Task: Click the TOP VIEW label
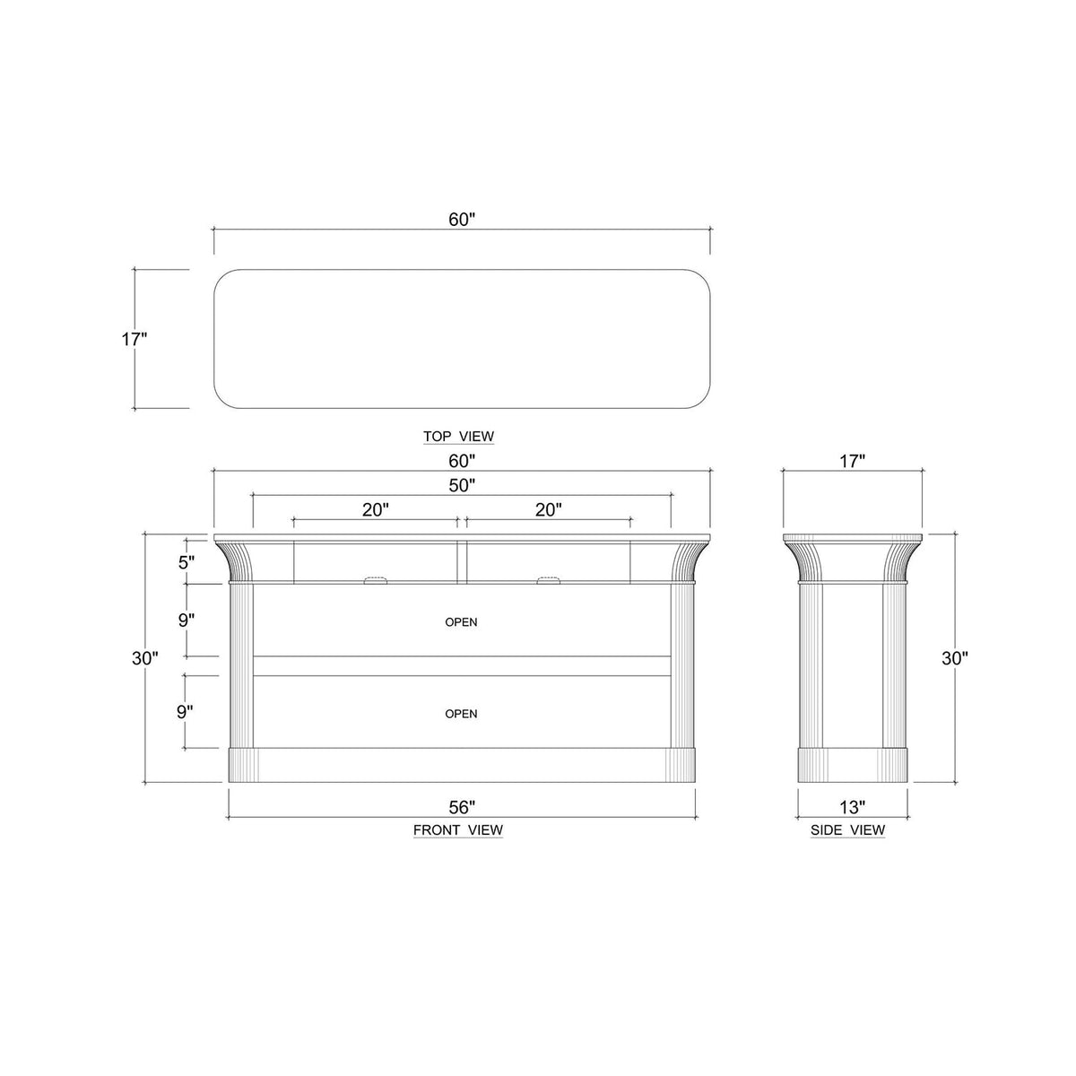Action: point(458,437)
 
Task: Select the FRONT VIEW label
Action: point(457,830)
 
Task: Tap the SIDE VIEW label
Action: point(847,830)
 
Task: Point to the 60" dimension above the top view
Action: point(461,221)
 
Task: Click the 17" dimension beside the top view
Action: point(134,339)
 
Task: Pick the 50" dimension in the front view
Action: point(461,485)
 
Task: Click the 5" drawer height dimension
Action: point(186,563)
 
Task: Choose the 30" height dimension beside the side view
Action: point(954,657)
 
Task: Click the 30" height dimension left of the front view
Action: point(144,657)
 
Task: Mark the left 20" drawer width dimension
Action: point(376,509)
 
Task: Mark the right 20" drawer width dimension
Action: point(548,509)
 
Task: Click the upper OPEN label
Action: point(461,621)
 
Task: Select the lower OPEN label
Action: point(461,714)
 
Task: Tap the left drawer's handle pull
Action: point(375,581)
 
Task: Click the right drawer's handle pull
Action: point(548,581)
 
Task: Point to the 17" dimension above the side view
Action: point(852,461)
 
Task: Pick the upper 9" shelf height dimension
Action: point(186,620)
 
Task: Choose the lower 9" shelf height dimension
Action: point(186,711)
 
